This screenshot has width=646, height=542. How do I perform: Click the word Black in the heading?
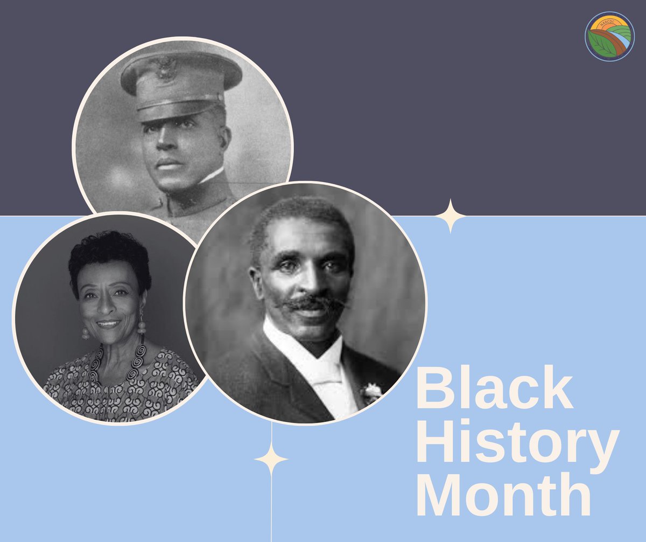(x=494, y=389)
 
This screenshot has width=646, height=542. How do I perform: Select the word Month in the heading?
(x=503, y=497)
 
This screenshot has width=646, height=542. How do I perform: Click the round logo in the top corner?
(x=609, y=37)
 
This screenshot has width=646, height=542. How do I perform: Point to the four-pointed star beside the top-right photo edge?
(x=451, y=216)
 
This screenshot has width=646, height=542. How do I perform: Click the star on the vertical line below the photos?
(x=271, y=460)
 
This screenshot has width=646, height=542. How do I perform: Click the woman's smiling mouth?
(x=108, y=324)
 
